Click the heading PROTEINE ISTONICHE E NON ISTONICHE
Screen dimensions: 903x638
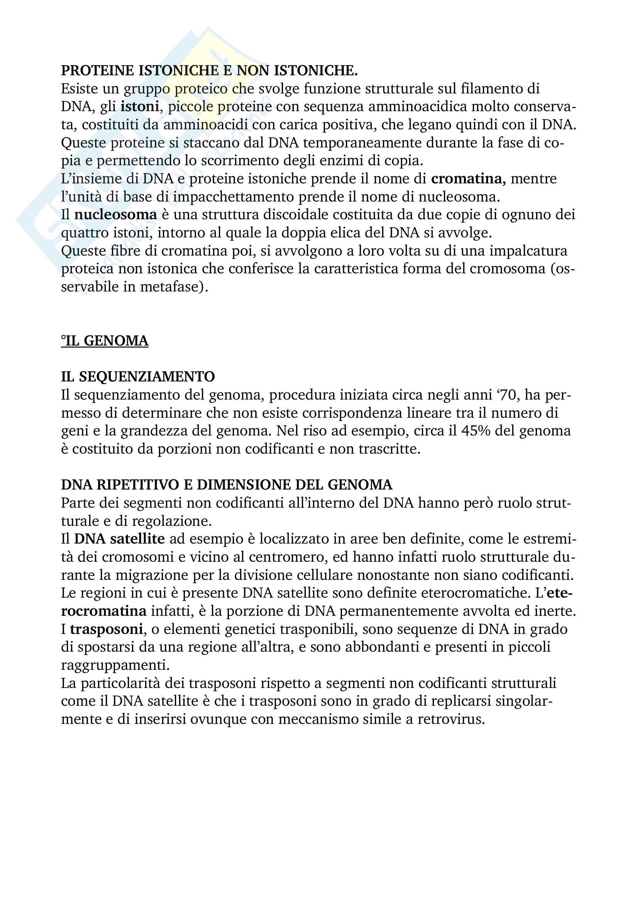coord(209,71)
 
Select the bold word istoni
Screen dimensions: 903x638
coord(140,107)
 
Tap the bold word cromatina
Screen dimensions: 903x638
coord(467,179)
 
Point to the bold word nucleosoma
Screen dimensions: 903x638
coord(115,215)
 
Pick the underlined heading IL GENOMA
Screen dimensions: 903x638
coord(105,341)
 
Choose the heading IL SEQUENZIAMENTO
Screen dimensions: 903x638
coord(138,377)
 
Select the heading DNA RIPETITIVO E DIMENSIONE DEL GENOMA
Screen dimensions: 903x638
coord(227,485)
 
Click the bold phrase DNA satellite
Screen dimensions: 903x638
coord(120,539)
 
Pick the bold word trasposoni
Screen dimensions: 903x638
coord(106,629)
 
